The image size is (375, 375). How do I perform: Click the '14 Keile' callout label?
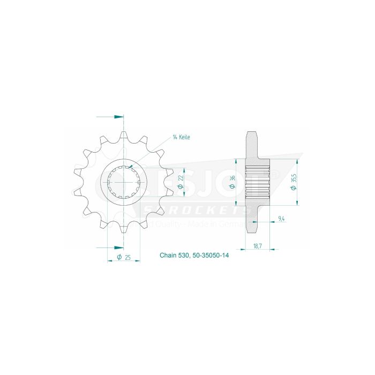[181, 137]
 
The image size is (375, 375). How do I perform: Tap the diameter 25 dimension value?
[124, 258]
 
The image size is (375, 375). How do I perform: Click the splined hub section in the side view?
[256, 183]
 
